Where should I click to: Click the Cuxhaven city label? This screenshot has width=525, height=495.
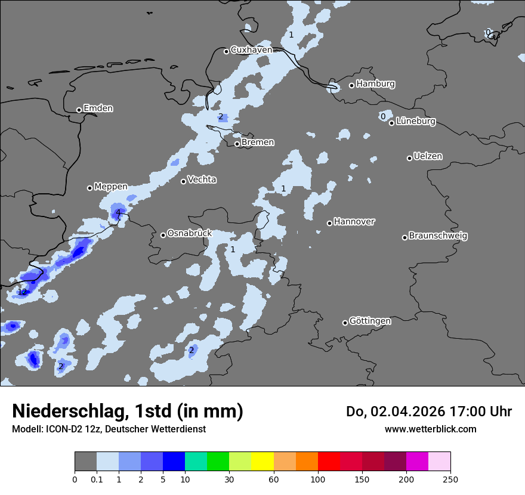coord(251,50)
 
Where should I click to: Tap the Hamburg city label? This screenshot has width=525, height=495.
coord(376,84)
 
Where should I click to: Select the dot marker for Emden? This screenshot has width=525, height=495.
coord(79,110)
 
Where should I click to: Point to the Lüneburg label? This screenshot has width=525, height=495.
coord(416,122)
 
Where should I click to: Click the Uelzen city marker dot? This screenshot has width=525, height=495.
coord(409,158)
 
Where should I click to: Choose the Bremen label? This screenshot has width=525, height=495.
coord(258,143)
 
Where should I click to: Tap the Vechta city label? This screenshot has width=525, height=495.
coord(202,180)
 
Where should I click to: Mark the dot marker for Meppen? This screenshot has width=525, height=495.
coord(89,188)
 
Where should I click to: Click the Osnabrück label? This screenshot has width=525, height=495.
coord(190,234)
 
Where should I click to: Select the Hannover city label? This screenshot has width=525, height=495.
coord(354,222)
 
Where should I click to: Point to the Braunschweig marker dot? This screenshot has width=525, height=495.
coord(404,237)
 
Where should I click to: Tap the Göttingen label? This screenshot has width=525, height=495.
coord(370,321)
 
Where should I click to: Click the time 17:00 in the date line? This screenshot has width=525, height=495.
coord(456,412)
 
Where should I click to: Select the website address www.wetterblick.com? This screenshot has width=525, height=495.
coord(431,429)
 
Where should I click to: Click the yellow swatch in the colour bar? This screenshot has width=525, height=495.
coord(262,462)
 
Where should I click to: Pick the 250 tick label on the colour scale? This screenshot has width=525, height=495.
coord(450,479)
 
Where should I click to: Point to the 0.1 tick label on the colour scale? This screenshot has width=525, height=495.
coord(97,479)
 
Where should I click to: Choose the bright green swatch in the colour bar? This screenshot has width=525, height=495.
coord(218,462)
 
